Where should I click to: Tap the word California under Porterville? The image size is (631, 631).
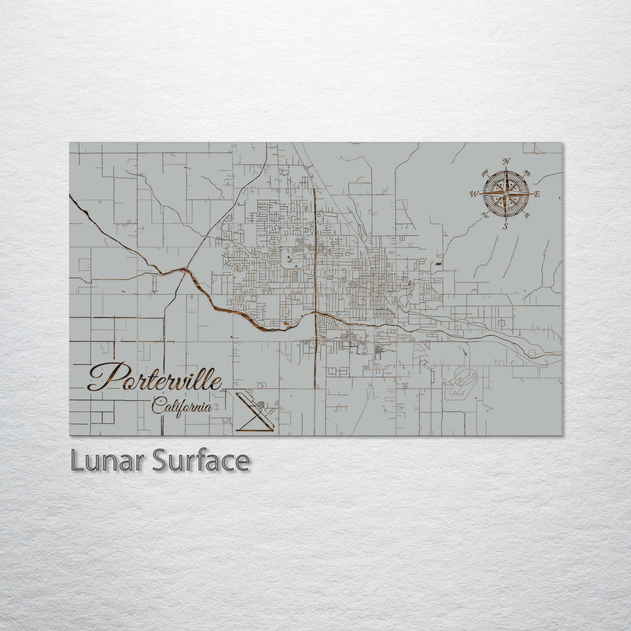[x=181, y=405]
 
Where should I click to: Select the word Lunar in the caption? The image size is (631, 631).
[x=108, y=461]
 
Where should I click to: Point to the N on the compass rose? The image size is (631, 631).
[x=506, y=161]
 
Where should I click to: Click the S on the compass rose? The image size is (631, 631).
[x=506, y=226]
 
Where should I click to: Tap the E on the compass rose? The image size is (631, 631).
[x=537, y=194]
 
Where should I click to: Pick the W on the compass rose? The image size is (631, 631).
[x=474, y=194]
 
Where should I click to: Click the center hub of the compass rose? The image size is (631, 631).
[x=506, y=193]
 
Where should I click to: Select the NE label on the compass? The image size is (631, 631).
[x=528, y=172]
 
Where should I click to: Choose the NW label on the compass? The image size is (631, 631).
[x=484, y=172]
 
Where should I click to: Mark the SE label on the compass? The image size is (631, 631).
[x=527, y=215]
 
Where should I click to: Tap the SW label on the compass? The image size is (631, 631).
[x=484, y=215]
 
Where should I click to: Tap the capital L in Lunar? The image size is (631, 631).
[x=77, y=461]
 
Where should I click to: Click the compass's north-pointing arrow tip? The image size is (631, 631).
[x=506, y=171]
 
